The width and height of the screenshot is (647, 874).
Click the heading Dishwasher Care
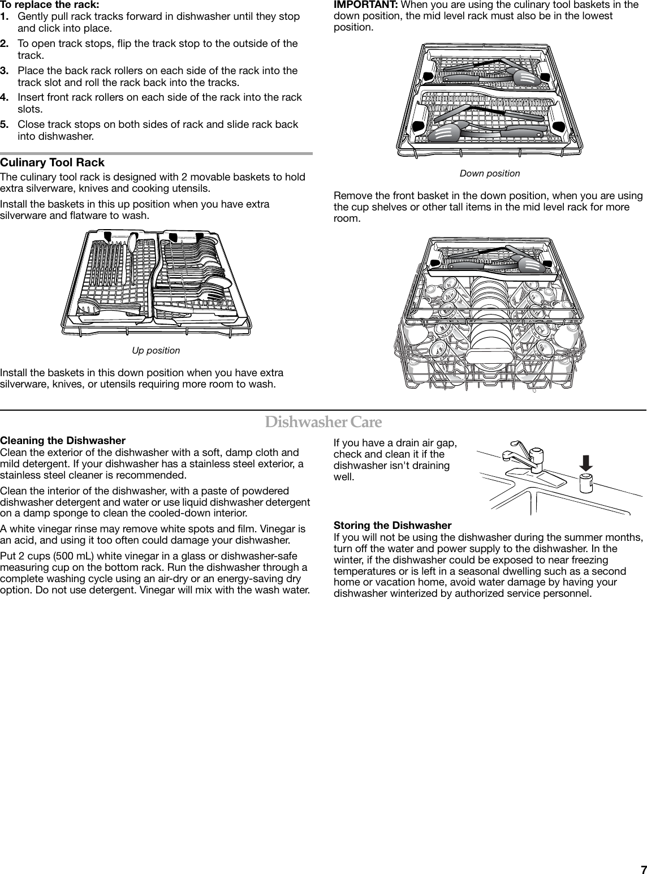(x=323, y=423)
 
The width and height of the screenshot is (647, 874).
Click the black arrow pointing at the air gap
(x=586, y=463)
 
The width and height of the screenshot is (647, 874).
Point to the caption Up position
(x=156, y=351)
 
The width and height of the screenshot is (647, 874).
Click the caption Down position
(x=490, y=173)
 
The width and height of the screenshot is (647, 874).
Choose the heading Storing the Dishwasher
(x=392, y=526)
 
